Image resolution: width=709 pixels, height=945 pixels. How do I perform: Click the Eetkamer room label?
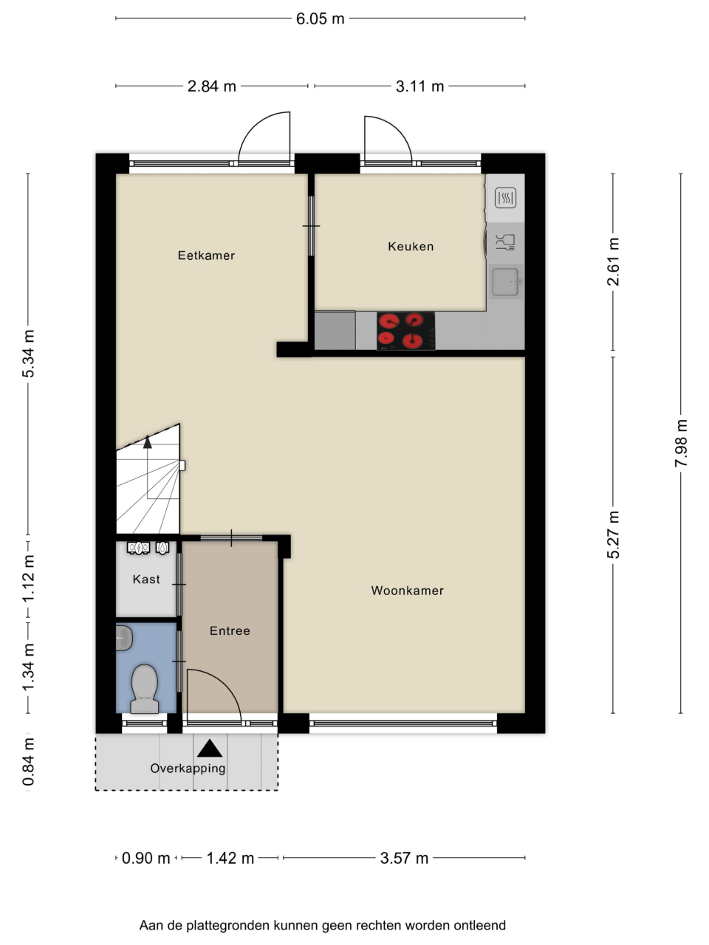pos(206,255)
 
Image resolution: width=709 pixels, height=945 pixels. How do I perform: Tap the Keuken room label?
pos(411,247)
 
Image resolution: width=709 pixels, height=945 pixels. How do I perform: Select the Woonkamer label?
pos(407,590)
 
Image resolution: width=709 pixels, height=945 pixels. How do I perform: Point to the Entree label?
pos(230,630)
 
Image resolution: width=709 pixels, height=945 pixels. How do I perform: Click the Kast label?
pos(146,579)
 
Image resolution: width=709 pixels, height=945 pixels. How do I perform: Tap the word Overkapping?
pos(188,768)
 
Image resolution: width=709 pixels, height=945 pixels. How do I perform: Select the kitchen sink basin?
pos(505,282)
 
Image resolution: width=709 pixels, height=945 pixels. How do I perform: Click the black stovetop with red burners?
pos(406,331)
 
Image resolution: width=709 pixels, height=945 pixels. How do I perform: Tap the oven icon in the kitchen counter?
pos(505,198)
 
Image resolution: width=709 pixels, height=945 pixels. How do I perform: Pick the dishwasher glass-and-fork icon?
pos(505,242)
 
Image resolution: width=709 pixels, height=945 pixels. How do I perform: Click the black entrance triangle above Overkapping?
pos(210,749)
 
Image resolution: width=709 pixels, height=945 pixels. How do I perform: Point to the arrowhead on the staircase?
pos(148,441)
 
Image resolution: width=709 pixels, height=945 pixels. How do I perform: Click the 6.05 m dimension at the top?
pos(321,18)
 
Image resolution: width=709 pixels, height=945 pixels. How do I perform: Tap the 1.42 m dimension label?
pos(230,858)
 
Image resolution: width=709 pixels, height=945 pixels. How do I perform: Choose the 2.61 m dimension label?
pos(613,262)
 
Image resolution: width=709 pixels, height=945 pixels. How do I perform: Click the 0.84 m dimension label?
pos(28,761)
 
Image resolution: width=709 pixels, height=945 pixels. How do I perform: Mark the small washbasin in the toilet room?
pos(124,638)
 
